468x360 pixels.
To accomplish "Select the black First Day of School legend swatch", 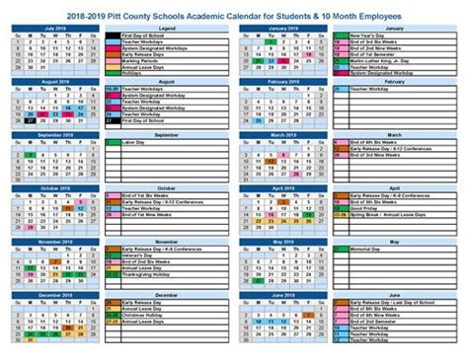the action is (110, 36).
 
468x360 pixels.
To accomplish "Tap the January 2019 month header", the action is (281, 30).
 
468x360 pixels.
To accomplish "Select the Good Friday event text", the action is (363, 208).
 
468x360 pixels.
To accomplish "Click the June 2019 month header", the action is (281, 293).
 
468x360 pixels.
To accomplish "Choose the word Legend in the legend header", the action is (166, 29).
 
